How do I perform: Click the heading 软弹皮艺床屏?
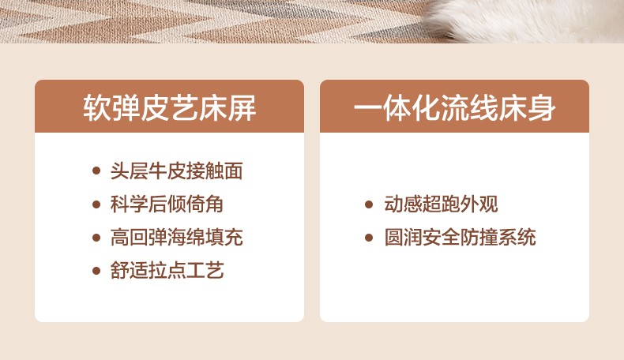[x=170, y=108]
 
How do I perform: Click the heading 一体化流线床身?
[x=454, y=108]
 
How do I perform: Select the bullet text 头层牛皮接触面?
[x=177, y=171]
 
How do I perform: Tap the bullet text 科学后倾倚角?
[x=167, y=204]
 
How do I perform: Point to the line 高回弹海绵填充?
[x=177, y=238]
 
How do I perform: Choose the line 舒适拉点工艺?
[x=167, y=271]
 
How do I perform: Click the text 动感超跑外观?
[x=441, y=204]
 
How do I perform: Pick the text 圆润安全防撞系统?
[x=460, y=238]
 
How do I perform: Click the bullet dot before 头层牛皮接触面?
[x=96, y=171]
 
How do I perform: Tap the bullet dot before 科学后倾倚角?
[x=96, y=204]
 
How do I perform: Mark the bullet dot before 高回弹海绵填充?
[x=96, y=238]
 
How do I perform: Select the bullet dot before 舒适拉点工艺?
[x=96, y=271]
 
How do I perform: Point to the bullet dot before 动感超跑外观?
[x=369, y=204]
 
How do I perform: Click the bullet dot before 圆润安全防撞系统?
[x=369, y=238]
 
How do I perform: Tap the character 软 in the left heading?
[x=97, y=108]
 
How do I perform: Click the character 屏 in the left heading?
[x=242, y=108]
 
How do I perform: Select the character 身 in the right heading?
[x=542, y=108]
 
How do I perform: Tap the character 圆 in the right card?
[x=393, y=238]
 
